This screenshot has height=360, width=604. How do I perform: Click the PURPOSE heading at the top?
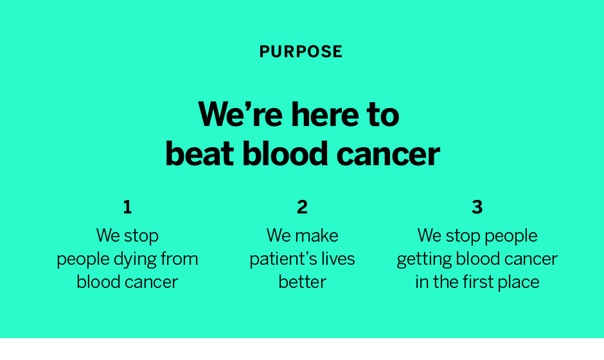tap(301, 51)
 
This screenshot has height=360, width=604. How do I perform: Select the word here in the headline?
tap(324, 114)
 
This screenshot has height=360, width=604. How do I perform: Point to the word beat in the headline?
tap(199, 154)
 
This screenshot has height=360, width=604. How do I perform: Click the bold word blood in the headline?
tap(285, 154)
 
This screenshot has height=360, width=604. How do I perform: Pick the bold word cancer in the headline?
tap(388, 154)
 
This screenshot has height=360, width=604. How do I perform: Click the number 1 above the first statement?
tap(127, 207)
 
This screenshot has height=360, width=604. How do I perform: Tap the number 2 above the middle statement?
tap(303, 207)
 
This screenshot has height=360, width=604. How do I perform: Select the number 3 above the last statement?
tap(477, 207)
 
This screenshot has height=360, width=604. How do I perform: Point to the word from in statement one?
tap(179, 258)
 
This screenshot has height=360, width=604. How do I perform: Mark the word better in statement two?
tap(303, 282)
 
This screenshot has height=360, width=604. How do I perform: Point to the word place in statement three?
tap(519, 283)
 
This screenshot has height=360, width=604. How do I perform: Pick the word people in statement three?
tap(511, 237)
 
